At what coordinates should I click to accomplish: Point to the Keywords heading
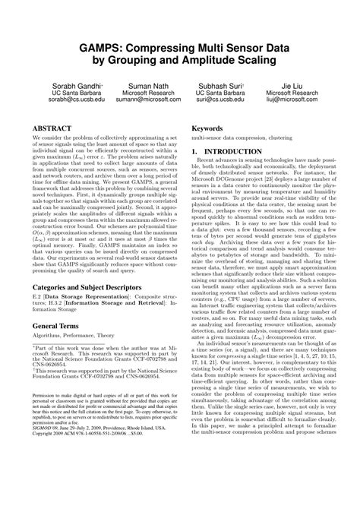click(x=207, y=129)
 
